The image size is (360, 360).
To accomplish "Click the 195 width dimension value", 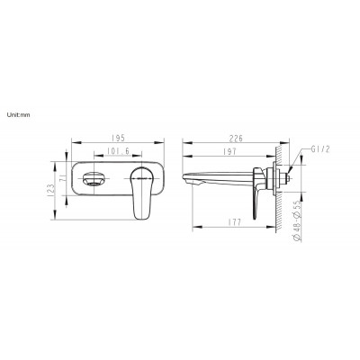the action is [x=118, y=139].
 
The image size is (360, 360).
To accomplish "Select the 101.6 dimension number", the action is [x=118, y=151].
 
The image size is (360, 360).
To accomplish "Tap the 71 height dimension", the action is [x=63, y=179].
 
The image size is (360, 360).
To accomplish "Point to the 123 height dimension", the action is [x=51, y=190].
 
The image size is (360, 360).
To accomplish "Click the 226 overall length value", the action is [x=236, y=139].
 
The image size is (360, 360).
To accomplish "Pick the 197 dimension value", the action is [x=229, y=151].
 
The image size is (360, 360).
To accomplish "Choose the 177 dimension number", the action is [x=234, y=222].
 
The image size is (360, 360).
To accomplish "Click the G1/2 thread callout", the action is [x=320, y=149].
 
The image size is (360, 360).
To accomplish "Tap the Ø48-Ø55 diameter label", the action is [x=297, y=221].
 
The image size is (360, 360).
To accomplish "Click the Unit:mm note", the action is [x=18, y=114].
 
